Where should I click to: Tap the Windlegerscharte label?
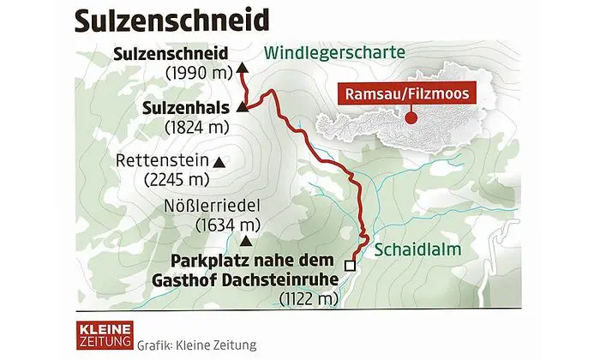coord(334,52)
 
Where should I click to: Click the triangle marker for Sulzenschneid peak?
coord(242,65)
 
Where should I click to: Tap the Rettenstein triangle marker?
coord(219,161)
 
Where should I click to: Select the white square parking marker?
coord(349,264)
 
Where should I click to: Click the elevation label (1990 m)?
coord(198,73)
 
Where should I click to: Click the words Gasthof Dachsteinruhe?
coord(256,278)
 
